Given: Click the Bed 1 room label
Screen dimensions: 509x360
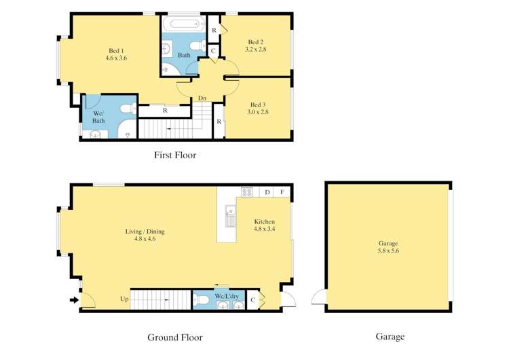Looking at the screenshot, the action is [116, 51].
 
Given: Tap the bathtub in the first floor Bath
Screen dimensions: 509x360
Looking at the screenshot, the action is [183, 24].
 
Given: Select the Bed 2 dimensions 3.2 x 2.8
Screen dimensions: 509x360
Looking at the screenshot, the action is [256, 50].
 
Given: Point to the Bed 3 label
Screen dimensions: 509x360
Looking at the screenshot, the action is [258, 105].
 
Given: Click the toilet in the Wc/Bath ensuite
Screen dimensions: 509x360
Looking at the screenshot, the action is [129, 108].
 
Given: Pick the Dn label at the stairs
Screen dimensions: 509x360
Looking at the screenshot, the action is [202, 98].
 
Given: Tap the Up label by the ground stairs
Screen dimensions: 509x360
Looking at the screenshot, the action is [124, 299].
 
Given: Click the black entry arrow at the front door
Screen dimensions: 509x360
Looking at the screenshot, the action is [75, 300].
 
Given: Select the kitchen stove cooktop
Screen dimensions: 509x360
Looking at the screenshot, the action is [247, 192].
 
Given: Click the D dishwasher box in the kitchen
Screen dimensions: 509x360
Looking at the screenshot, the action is [267, 192].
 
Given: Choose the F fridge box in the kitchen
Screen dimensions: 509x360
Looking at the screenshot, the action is [282, 192].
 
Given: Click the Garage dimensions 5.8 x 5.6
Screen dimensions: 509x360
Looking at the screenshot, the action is [388, 251].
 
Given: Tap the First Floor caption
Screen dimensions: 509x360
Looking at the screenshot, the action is [175, 155].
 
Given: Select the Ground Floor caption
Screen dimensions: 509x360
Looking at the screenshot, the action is [175, 338].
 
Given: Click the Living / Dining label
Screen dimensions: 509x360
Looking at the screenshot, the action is [145, 232].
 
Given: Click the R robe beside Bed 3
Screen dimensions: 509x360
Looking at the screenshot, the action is [219, 122].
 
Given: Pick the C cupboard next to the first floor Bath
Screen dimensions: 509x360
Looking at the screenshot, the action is [213, 51].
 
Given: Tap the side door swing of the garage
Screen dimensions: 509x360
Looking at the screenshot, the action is [318, 296].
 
